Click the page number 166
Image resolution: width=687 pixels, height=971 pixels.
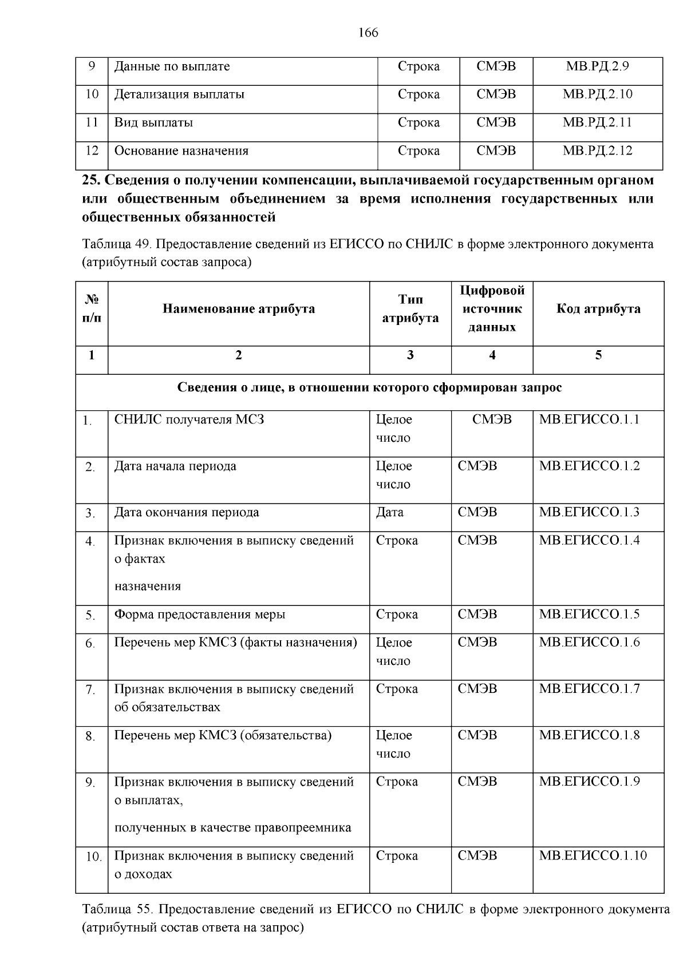point(368,33)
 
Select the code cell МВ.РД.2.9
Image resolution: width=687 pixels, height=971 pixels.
point(597,66)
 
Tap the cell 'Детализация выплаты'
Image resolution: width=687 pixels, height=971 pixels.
point(179,94)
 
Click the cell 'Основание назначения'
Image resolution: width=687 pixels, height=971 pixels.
point(181,151)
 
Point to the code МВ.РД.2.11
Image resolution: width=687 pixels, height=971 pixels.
point(597,122)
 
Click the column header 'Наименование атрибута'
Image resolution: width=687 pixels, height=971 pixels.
point(239,309)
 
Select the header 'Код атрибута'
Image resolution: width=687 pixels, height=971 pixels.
point(598,309)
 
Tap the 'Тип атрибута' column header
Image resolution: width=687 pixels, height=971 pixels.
point(410,309)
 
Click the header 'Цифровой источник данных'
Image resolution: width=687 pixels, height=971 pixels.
point(492,309)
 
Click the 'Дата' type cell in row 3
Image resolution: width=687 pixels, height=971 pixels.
point(390,512)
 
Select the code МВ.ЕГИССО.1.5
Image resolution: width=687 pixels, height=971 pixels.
point(589,615)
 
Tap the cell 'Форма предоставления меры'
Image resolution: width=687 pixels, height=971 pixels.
point(200,615)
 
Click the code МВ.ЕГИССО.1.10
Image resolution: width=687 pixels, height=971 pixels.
point(593,856)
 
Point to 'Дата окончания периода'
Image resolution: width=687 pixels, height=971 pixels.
point(187,512)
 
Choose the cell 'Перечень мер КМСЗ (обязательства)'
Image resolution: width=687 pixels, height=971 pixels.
point(223,735)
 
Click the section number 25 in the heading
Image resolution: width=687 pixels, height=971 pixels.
point(90,180)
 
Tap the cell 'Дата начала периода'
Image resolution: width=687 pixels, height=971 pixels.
point(175,466)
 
